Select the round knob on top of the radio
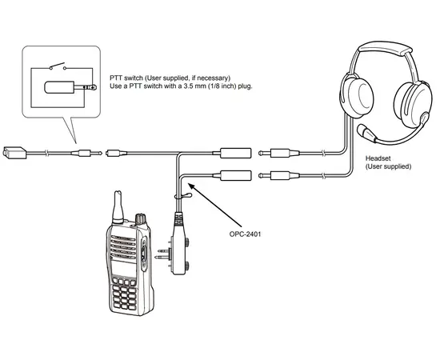coord(141,218)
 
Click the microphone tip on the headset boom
coord(365,130)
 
